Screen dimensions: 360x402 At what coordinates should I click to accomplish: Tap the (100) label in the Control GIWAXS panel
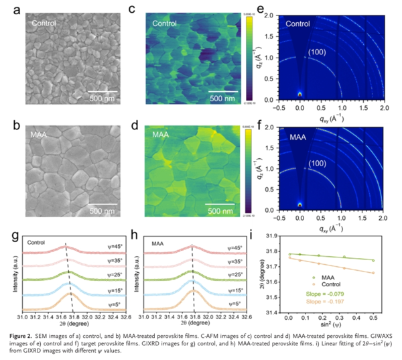pyautogui.click(x=317, y=52)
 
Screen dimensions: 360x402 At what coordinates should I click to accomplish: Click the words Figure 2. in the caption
pyautogui.click(x=23, y=340)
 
